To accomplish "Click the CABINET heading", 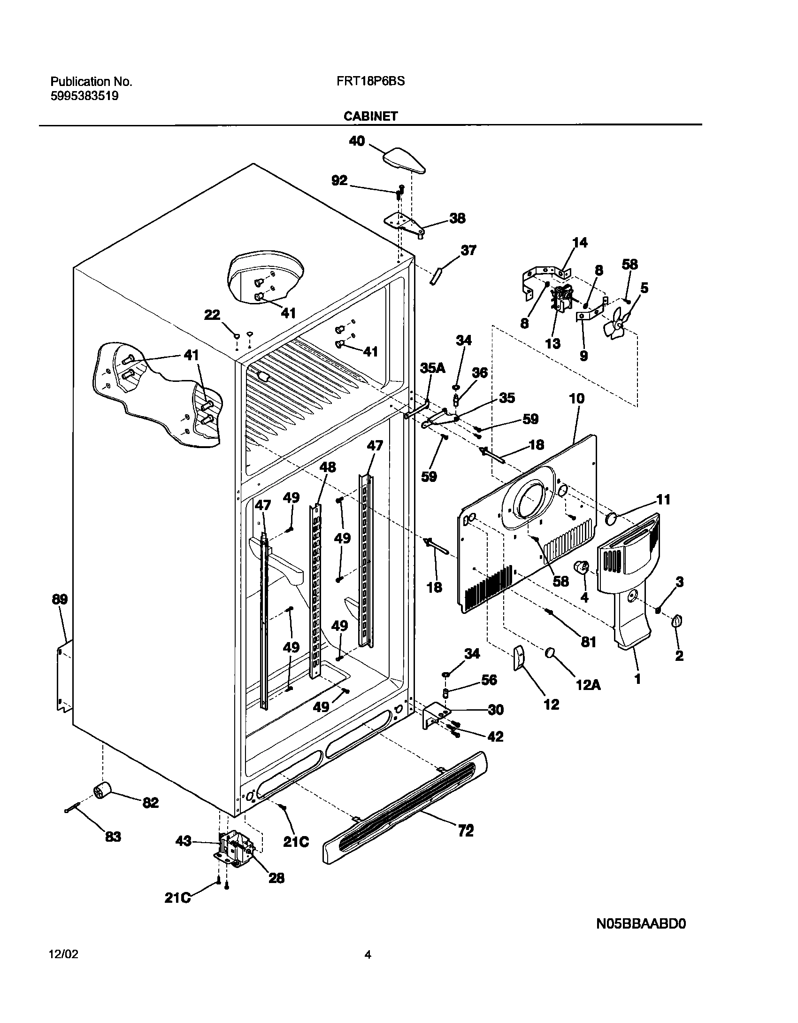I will [370, 116].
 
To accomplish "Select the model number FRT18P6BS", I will [370, 81].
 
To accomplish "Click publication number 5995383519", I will [84, 96].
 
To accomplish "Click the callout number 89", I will [60, 599].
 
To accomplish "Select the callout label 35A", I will [432, 368].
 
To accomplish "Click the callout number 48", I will [328, 467].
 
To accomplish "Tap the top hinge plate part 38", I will [403, 223].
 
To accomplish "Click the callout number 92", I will [339, 181].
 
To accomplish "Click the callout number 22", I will [212, 315].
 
